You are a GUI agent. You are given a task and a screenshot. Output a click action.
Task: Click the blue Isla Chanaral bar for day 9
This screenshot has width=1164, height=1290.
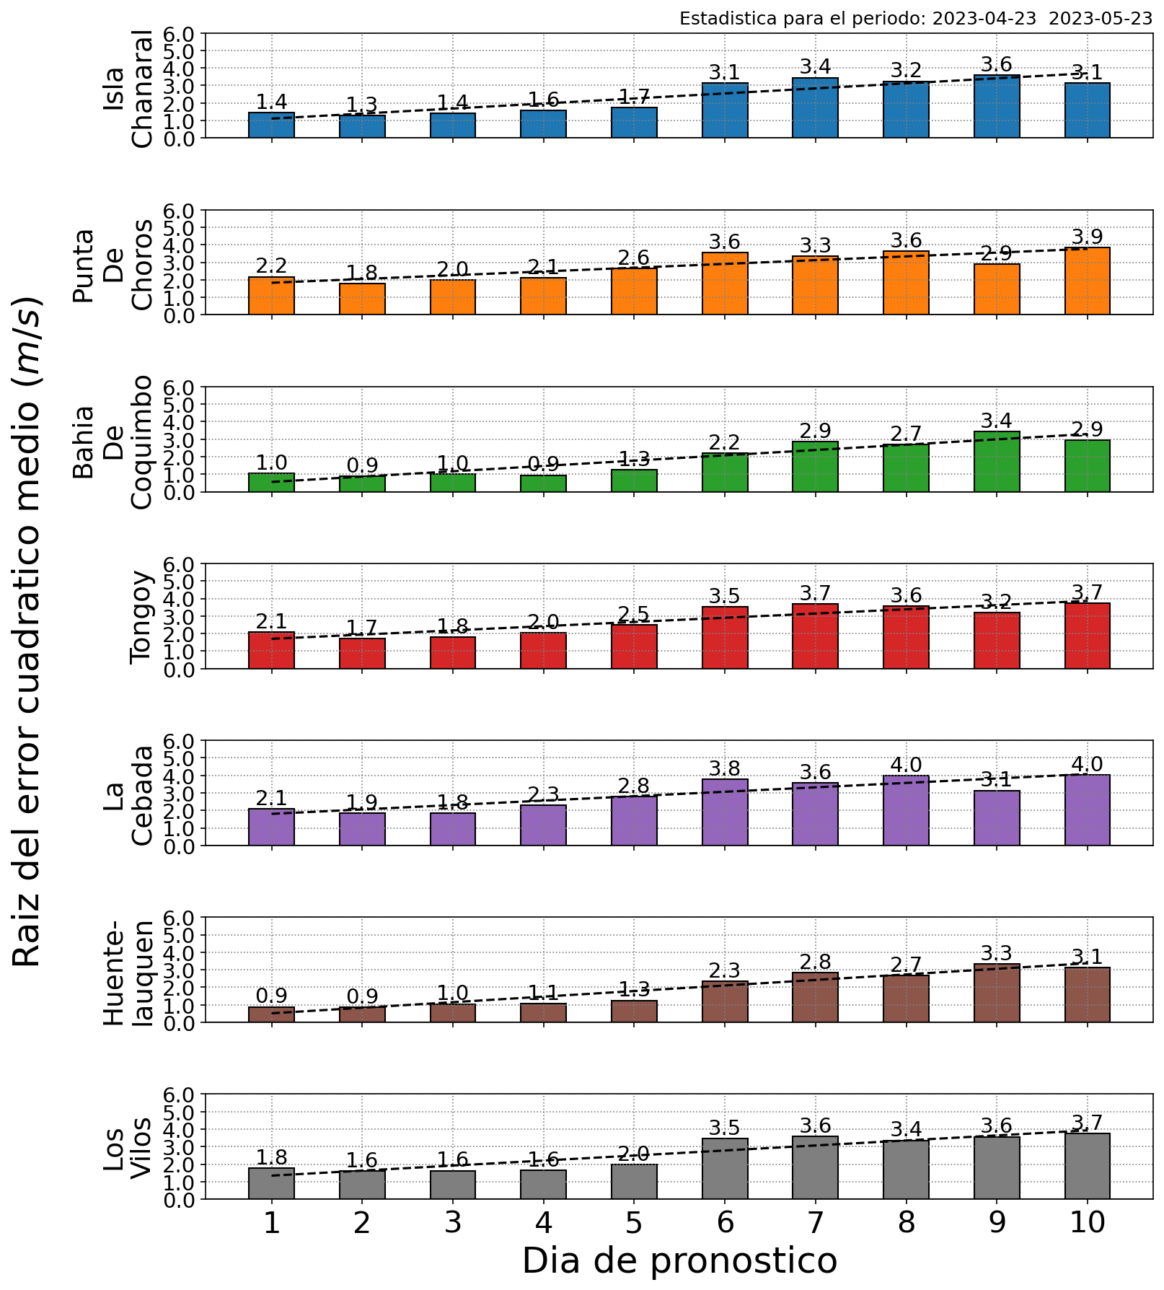coord(997,106)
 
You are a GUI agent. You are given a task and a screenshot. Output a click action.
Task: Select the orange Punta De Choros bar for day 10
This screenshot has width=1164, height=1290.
coord(1087,281)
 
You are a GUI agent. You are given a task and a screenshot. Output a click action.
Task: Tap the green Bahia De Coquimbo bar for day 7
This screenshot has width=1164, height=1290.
coord(815,466)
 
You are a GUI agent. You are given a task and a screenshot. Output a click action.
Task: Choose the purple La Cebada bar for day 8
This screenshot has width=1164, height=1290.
coord(906,810)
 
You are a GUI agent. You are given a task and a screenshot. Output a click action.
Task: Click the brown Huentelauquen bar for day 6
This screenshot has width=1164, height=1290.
coord(725,1001)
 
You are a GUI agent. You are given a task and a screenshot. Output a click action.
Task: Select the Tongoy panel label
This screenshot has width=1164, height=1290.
coord(141,617)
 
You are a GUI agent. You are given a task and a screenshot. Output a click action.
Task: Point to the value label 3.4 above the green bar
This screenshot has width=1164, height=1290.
coord(997,421)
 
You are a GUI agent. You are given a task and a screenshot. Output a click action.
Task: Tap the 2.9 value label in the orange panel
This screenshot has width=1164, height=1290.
coord(997,254)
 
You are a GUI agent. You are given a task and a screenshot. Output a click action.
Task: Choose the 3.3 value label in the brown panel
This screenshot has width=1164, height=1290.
coord(997,953)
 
